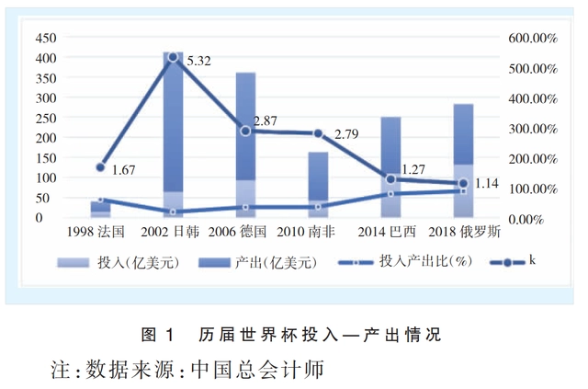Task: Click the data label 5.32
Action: pyautogui.click(x=198, y=62)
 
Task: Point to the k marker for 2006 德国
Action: pyautogui.click(x=245, y=131)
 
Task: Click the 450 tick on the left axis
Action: pyautogui.click(x=45, y=38)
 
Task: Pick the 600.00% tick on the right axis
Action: pyautogui.click(x=533, y=38)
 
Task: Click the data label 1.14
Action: pyautogui.click(x=486, y=184)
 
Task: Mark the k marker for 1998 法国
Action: pyautogui.click(x=100, y=167)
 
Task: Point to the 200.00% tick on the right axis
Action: pyautogui.click(x=533, y=158)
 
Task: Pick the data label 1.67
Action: pyautogui.click(x=124, y=170)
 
